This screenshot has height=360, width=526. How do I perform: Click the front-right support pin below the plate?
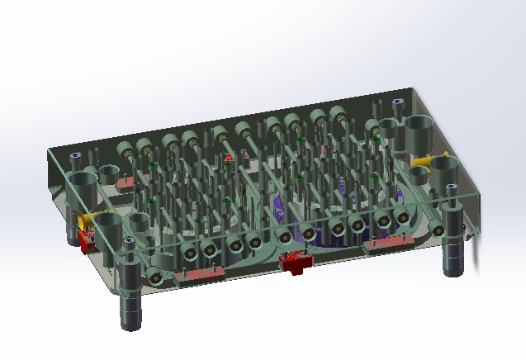coord(453,259)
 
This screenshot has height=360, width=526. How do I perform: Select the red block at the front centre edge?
coord(294,263)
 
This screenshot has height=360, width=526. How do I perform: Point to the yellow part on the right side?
coord(428,160)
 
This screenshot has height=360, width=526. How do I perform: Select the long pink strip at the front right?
coord(388,243)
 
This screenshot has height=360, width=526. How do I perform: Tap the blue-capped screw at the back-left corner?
coord(74,154)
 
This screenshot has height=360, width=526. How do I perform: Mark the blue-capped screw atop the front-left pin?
coord(128,241)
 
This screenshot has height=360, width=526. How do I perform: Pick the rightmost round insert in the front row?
coord(403,217)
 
